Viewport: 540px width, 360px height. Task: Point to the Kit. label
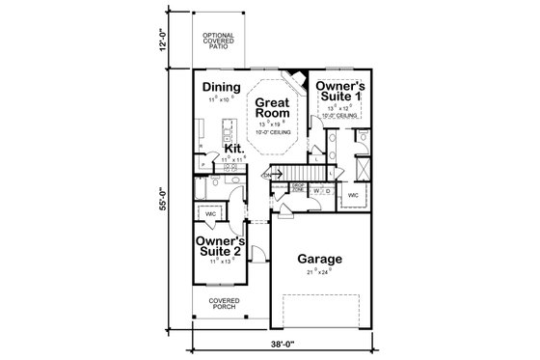coord(232,148)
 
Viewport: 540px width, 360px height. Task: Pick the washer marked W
coord(316,191)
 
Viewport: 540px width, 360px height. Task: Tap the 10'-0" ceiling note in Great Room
coord(273,134)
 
